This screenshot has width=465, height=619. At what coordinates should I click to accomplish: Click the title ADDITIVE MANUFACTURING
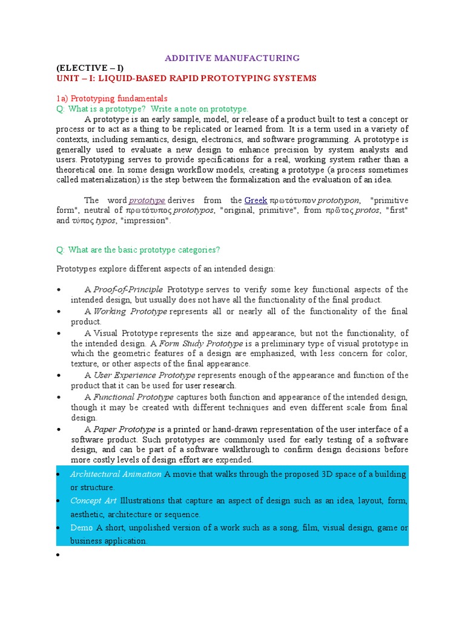click(x=232, y=58)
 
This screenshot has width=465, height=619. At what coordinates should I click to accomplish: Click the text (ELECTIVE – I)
click(x=93, y=68)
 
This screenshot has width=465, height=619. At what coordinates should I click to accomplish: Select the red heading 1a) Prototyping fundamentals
click(x=111, y=99)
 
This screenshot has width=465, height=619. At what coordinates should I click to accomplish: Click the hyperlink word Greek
click(x=256, y=200)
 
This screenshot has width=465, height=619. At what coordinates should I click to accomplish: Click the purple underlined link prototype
click(x=147, y=200)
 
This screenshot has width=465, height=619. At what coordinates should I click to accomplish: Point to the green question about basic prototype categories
click(x=138, y=250)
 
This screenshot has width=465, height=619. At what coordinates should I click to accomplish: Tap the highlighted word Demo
click(x=81, y=528)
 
